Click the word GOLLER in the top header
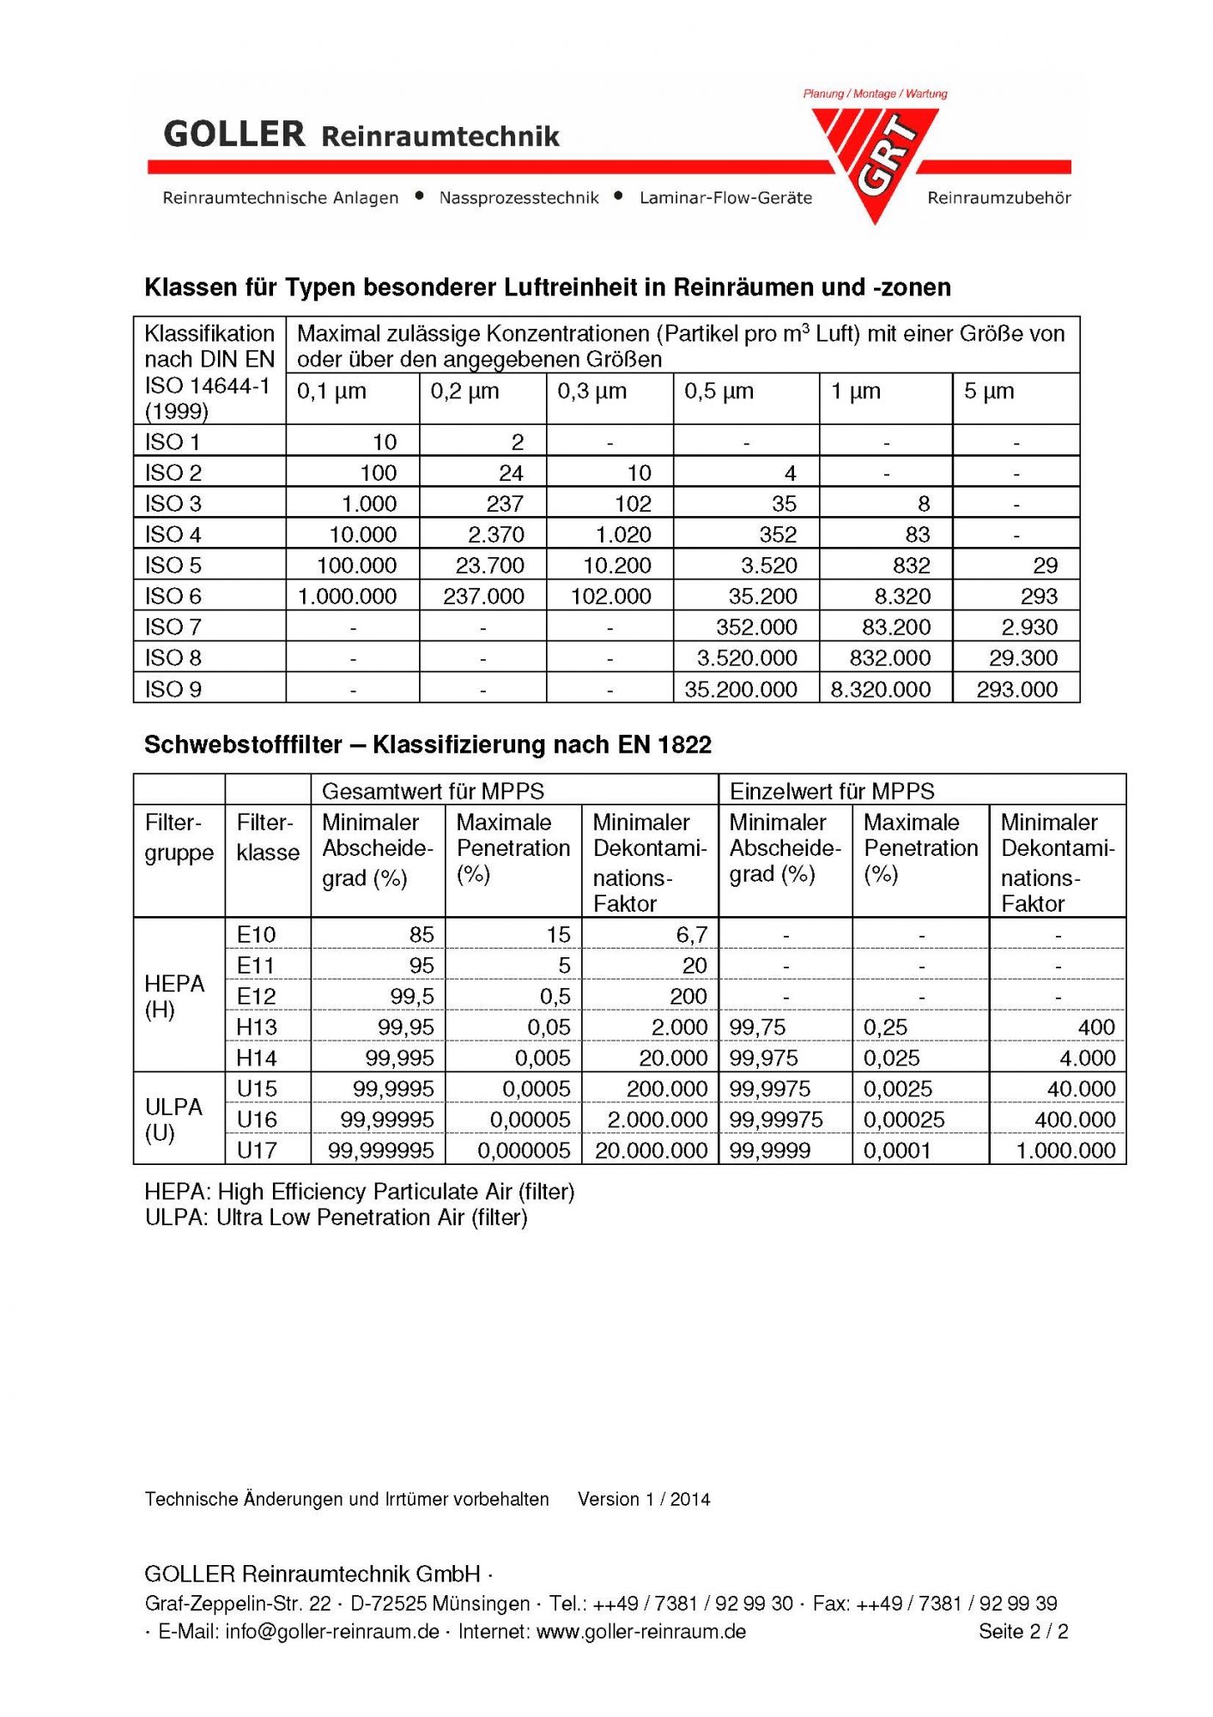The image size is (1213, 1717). point(234,135)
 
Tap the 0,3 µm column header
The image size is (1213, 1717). point(592,391)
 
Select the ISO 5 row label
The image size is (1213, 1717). point(173,566)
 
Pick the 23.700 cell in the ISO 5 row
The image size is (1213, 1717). point(483,566)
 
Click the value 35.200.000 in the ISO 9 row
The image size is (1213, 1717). point(741,689)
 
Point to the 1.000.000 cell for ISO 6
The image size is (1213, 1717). point(348,597)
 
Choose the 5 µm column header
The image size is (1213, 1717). point(989,391)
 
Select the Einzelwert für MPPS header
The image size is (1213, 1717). point(832,791)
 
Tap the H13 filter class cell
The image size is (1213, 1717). point(257,1027)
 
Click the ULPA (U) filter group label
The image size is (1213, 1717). point(173,1119)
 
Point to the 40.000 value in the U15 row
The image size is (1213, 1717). point(1081,1089)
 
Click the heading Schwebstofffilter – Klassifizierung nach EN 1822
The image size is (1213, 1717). point(428,744)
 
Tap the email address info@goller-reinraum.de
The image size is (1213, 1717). point(332,1631)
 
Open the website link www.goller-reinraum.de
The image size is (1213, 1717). point(640,1631)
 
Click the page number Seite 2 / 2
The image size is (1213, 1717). point(1023,1631)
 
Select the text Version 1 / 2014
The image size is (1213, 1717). point(644,1499)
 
